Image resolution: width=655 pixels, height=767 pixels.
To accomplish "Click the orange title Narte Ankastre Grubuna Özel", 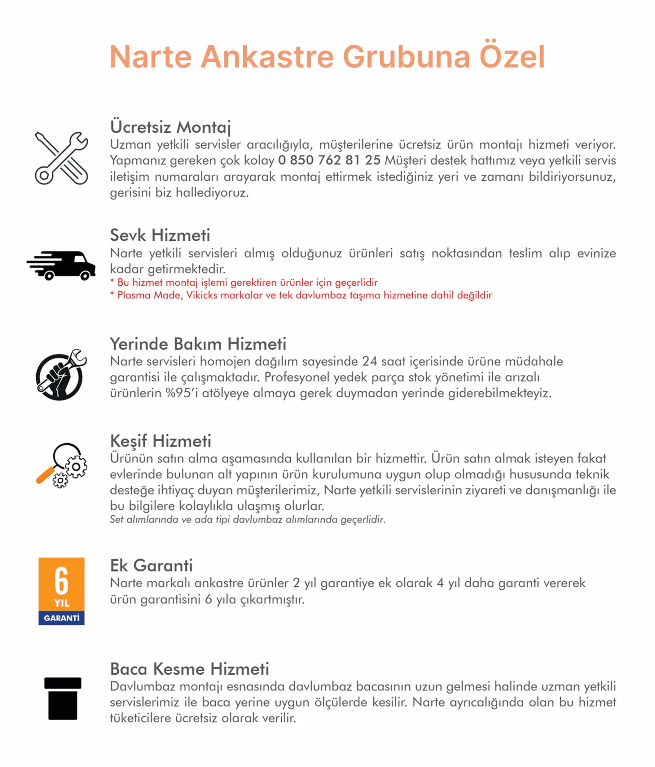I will pos(327,56).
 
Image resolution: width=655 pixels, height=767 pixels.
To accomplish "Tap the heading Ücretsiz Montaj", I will pos(170,127).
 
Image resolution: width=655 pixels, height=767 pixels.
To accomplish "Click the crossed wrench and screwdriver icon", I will pos(61,158).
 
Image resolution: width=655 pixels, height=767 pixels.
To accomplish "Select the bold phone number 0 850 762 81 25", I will pos(329,160).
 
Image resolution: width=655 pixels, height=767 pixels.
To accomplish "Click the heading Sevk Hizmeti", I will pos(160,235).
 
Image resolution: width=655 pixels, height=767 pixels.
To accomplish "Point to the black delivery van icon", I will pos(61,265).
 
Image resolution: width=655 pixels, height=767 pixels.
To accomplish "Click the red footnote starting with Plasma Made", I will pos(301,295).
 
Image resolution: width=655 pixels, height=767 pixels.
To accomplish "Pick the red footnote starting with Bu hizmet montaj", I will pos(244,282).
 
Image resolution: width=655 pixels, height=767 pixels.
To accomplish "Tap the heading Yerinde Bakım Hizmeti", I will pos(198,344).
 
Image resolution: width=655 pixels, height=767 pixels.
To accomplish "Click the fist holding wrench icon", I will pos(61,375).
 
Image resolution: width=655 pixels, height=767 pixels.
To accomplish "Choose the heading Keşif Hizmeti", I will pos(160,441).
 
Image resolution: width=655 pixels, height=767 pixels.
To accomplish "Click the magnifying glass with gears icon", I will pos(62,465).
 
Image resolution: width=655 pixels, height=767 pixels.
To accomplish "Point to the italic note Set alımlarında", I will pos(247,519).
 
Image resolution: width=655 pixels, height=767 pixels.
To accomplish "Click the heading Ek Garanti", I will pos(151,565).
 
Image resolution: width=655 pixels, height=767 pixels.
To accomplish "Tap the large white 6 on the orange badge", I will pos(61,580).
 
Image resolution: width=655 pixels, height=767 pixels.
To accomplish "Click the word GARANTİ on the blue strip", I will pos(61,618).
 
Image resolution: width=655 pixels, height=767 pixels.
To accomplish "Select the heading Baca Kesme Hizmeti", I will pos(190,669).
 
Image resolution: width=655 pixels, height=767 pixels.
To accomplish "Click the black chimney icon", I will pos(63,698).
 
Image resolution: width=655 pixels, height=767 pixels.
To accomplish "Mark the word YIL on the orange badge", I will pos(61,603).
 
